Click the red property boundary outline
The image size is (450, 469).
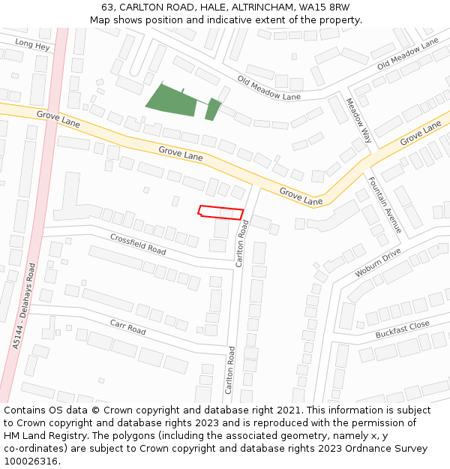(x=221, y=212)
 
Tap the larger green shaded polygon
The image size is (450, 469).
(x=172, y=101)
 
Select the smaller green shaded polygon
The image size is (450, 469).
(x=213, y=109)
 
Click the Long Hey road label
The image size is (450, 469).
(x=32, y=45)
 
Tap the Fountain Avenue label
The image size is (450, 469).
(x=384, y=204)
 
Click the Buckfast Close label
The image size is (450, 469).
(x=403, y=329)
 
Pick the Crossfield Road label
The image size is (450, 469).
(x=138, y=243)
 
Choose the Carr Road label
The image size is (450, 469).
(x=127, y=328)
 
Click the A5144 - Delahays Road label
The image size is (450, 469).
(x=24, y=305)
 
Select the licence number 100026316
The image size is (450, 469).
(x=31, y=461)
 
